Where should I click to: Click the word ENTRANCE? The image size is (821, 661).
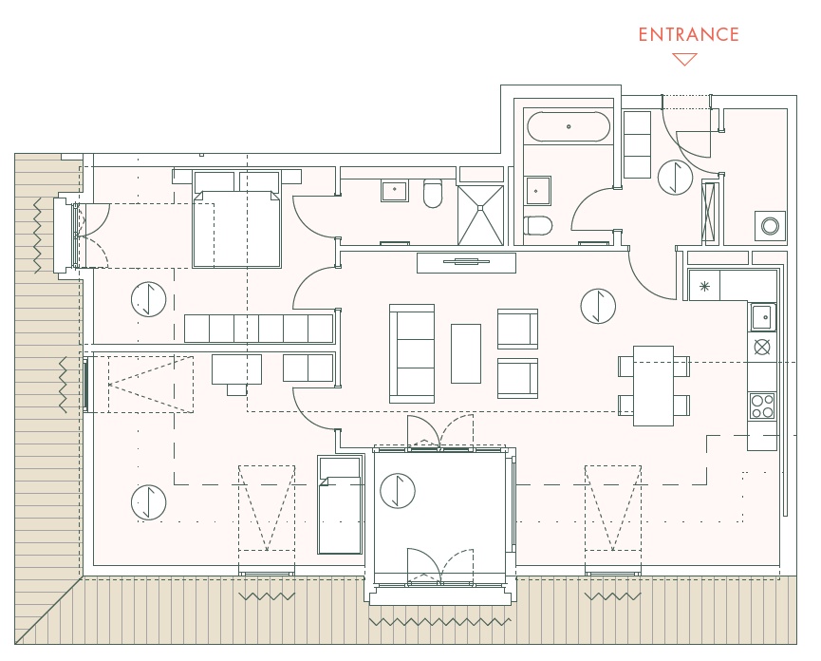pos(688,34)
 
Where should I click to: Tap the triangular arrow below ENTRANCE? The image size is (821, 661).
pos(684,59)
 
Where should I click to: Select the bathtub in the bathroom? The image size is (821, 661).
pos(569,126)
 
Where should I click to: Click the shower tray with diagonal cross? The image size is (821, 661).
pos(480,215)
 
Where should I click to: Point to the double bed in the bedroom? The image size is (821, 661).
pos(236,219)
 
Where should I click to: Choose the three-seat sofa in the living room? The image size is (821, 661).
pos(412,353)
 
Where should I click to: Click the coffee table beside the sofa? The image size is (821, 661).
pos(466,353)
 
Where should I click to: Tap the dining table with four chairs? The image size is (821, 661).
pos(653,386)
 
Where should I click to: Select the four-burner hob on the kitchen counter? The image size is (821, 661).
pos(762,406)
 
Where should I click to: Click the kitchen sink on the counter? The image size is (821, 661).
pos(762,317)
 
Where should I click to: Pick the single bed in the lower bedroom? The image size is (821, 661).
pos(340,504)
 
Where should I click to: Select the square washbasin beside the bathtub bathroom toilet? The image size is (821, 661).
pos(538,191)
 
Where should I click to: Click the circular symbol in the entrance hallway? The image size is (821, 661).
pos(676,178)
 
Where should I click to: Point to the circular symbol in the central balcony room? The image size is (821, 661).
pos(398,491)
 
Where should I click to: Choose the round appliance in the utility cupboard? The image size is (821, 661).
pos(770,226)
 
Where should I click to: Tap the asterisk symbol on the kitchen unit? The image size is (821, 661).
pos(705,286)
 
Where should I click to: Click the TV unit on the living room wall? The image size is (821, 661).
pos(466,263)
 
